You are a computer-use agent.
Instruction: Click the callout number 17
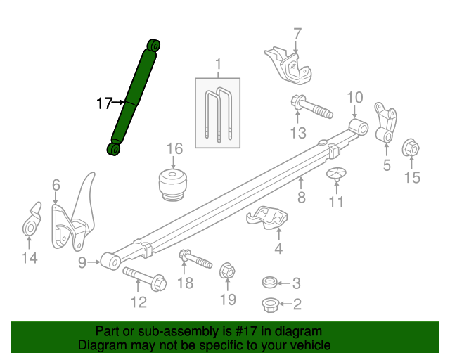(104, 103)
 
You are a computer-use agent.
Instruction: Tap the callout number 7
(297, 33)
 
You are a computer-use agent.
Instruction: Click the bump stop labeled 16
(172, 185)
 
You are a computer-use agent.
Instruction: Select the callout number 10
(354, 98)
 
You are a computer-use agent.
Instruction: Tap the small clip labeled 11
(336, 175)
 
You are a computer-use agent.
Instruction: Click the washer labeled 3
(269, 283)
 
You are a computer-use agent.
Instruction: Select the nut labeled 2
(270, 304)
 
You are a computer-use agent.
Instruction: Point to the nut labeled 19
(228, 270)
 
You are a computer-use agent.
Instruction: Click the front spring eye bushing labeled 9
(110, 262)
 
